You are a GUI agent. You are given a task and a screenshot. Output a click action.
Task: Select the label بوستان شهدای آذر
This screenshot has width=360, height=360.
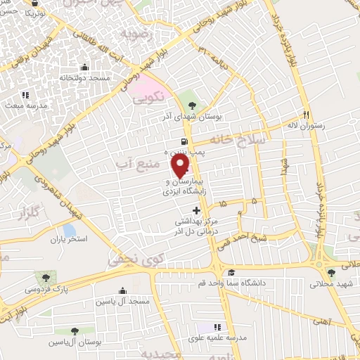click(198, 117)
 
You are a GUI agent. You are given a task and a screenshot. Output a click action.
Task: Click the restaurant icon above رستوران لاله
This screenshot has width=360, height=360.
click(307, 115)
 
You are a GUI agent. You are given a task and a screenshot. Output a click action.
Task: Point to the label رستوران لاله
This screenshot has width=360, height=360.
click(307, 127)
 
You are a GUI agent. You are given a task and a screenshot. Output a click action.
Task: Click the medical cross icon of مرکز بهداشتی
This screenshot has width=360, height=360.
click(196, 210)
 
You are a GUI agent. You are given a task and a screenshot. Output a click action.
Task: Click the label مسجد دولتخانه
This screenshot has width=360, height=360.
click(85, 78)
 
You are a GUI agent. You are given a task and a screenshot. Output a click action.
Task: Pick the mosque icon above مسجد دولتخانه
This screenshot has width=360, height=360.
click(85, 67)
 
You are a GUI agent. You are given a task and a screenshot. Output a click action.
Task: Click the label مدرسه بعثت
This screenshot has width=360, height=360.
click(26, 105)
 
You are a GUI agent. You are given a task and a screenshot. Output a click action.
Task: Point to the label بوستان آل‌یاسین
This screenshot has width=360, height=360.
click(75, 342)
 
